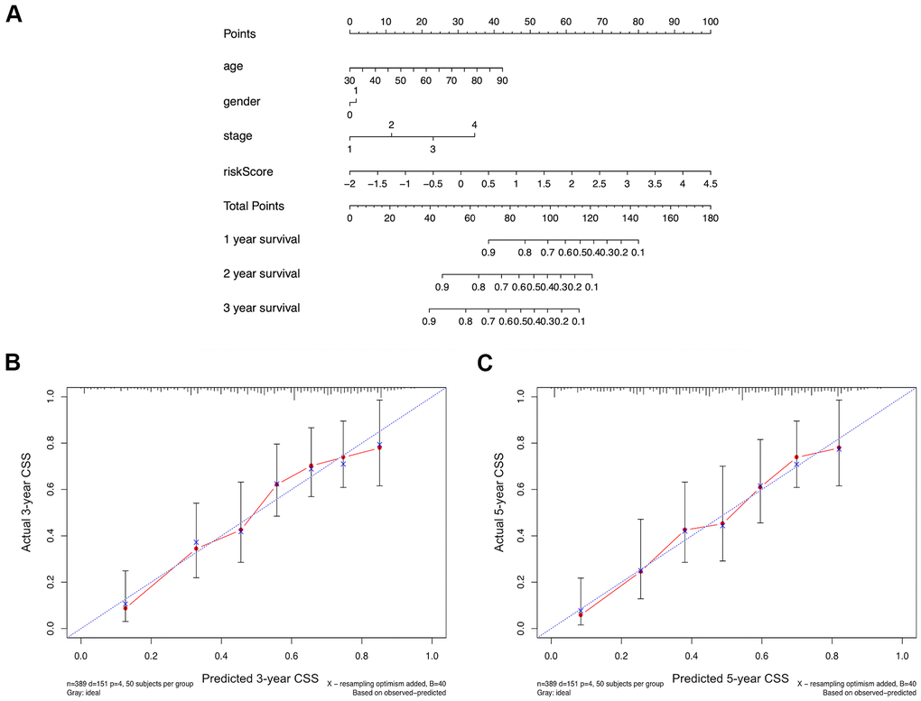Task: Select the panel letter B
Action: click(13, 363)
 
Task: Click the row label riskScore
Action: click(247, 171)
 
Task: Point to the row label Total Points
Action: click(254, 207)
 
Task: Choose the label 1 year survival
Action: click(261, 240)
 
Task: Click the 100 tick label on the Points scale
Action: click(711, 21)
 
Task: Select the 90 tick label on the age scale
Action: click(502, 81)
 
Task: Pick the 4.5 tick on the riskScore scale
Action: click(711, 184)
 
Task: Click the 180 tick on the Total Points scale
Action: click(711, 218)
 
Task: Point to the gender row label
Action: click(242, 102)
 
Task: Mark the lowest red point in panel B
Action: click(126, 608)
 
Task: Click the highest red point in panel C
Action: click(839, 447)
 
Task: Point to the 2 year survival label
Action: click(261, 273)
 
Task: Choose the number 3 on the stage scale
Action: click(433, 149)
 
